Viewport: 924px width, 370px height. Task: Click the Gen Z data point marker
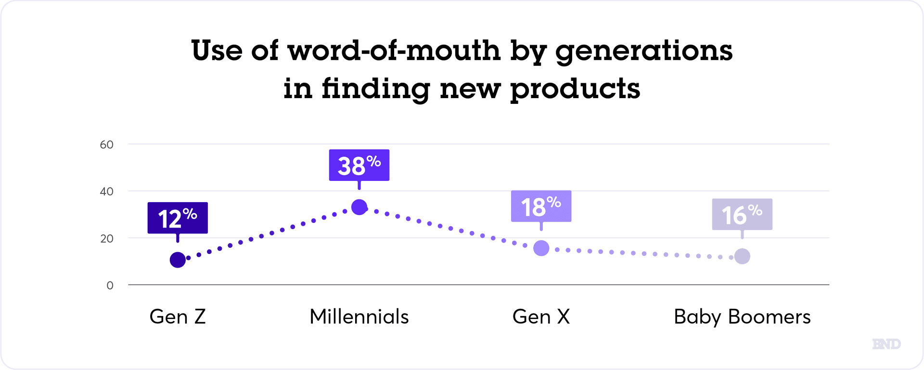pos(178,260)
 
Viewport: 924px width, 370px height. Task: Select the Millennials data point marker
pos(359,207)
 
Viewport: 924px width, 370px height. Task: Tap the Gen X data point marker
pos(541,248)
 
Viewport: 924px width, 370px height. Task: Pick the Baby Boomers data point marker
pos(742,256)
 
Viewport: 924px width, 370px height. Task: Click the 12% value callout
pos(178,218)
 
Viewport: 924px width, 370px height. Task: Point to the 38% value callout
pos(359,165)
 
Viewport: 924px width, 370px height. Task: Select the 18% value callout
pos(541,206)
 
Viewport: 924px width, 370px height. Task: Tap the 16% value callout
pos(742,214)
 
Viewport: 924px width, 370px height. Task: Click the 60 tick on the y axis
pos(107,145)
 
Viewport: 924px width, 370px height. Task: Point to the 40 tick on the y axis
pos(107,191)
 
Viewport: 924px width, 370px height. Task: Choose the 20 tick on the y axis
pos(107,239)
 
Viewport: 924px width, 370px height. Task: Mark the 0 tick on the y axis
pos(110,286)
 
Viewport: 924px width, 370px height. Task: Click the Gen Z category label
pos(178,317)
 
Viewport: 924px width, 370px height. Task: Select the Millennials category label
pos(359,317)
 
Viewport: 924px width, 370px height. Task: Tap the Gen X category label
pos(541,317)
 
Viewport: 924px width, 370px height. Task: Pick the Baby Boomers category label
pos(742,317)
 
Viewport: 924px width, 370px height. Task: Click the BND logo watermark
pos(886,344)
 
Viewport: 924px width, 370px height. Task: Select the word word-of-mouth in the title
pos(394,50)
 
